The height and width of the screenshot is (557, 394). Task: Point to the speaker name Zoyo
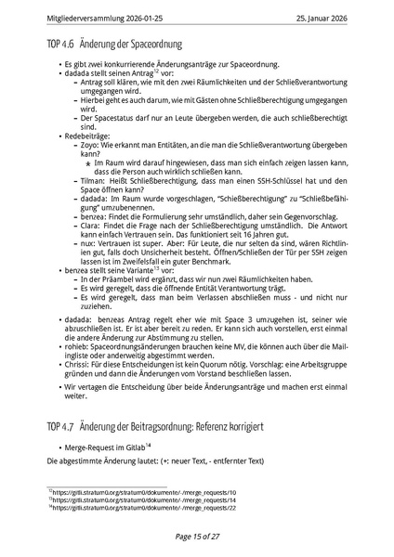click(89, 145)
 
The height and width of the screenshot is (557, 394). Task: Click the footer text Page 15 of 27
click(197, 536)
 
